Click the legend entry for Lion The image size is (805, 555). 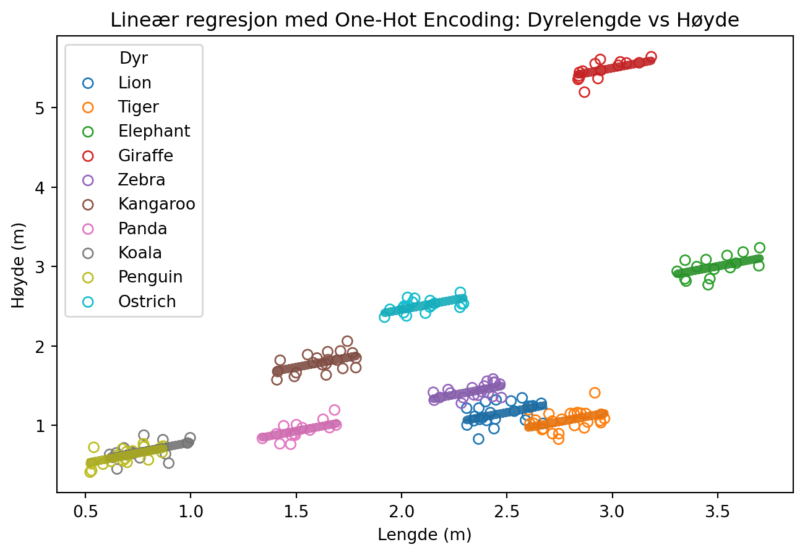pyautogui.click(x=135, y=83)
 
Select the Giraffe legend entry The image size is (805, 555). pyautogui.click(x=145, y=156)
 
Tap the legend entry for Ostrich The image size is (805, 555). pyautogui.click(x=147, y=302)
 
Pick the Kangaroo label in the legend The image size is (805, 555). pyautogui.click(x=157, y=205)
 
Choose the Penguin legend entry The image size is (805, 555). pyautogui.click(x=150, y=277)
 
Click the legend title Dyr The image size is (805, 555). pyautogui.click(x=134, y=59)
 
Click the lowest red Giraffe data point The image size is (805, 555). pyautogui.click(x=584, y=92)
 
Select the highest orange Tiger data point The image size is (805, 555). pyautogui.click(x=595, y=392)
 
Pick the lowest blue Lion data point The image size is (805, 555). pyautogui.click(x=478, y=439)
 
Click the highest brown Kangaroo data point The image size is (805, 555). pyautogui.click(x=347, y=341)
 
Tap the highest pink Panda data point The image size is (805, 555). pyautogui.click(x=335, y=410)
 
